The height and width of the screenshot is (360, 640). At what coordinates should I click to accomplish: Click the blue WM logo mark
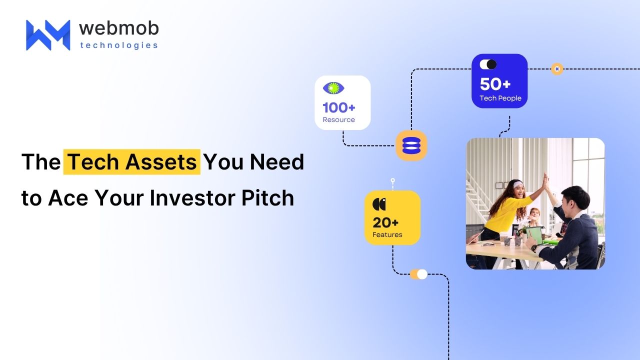coord(48,35)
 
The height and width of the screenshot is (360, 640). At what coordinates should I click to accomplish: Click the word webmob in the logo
coord(119,28)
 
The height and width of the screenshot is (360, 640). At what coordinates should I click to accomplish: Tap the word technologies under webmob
coord(119,45)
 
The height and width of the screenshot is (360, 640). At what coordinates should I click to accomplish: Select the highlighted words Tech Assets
coord(132,161)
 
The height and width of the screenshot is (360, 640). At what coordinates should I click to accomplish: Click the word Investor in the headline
coord(193,197)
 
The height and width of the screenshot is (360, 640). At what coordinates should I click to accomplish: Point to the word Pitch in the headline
coord(267,197)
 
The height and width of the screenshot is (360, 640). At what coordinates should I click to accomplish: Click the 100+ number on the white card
coord(339,107)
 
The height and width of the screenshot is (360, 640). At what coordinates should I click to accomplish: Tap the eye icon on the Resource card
coord(333,88)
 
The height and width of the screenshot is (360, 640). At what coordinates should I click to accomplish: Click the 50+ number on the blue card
coord(495,84)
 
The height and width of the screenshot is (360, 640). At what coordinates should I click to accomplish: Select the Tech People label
coord(500,98)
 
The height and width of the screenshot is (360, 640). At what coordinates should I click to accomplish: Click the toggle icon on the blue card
coord(488,64)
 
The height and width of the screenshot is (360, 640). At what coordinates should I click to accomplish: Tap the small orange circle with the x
coord(557,69)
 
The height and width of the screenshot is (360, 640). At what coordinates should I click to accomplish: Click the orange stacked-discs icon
coord(411,145)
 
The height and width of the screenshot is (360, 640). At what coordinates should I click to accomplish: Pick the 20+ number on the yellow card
coord(385,222)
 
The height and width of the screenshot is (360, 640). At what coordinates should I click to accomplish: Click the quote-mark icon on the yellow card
coord(379,204)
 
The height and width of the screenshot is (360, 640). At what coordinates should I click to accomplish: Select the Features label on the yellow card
coord(387,234)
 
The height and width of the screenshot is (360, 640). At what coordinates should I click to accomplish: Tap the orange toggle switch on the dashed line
coord(418,274)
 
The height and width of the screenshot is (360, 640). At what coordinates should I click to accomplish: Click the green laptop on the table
coord(535,235)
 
